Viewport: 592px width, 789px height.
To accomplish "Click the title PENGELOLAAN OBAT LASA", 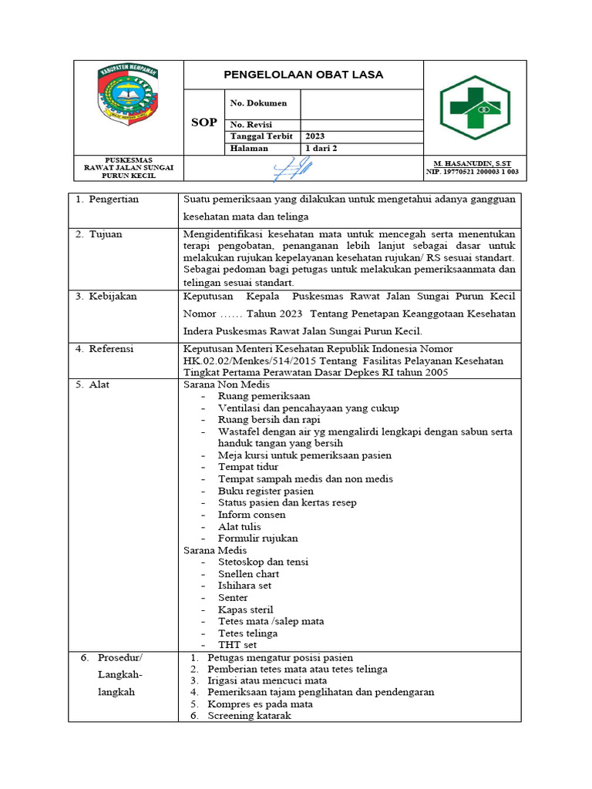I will tap(303, 75).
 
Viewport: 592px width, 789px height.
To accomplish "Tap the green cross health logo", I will tap(475, 107).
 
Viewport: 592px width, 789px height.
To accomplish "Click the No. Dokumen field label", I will tap(258, 103).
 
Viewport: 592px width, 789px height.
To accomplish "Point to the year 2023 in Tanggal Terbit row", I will tap(316, 136).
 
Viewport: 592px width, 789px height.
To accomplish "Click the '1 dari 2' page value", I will tap(321, 149).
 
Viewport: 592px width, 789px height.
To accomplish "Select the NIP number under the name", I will tap(475, 173).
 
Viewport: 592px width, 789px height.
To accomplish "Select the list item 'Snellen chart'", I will tap(248, 574).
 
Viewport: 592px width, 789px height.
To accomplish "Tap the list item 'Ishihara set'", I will tap(244, 586).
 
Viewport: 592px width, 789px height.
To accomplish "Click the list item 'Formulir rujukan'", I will tap(257, 538).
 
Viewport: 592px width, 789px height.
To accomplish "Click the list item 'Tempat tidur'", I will tap(248, 467).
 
